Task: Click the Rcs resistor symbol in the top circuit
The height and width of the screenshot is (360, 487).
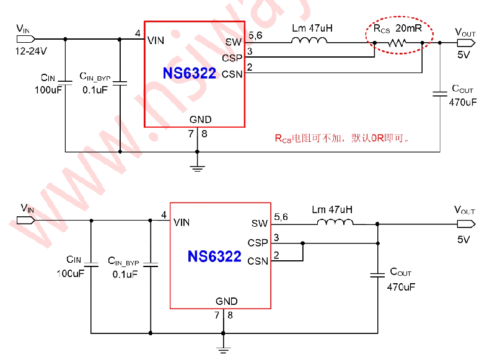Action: click(397, 43)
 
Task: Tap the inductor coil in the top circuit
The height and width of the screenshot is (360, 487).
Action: click(309, 40)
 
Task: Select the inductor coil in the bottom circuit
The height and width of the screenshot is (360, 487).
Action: click(335, 222)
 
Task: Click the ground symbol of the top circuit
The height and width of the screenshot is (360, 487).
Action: click(197, 169)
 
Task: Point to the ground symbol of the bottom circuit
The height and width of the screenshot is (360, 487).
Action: click(223, 350)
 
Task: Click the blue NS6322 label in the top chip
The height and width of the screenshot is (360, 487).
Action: click(190, 73)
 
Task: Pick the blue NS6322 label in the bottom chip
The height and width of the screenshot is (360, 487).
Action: click(214, 257)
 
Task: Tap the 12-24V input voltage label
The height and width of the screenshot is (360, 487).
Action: click(31, 51)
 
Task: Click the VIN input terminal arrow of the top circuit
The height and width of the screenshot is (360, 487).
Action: click(25, 39)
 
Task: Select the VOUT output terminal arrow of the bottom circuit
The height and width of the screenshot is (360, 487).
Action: click(466, 224)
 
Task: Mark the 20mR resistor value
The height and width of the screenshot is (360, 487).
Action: click(409, 29)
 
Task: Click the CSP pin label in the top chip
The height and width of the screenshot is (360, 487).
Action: click(232, 58)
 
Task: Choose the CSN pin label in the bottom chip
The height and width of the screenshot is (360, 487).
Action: click(258, 261)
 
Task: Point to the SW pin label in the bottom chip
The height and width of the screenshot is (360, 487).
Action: click(260, 223)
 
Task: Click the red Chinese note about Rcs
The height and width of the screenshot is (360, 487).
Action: click(341, 138)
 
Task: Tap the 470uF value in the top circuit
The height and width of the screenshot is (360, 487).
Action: click(463, 102)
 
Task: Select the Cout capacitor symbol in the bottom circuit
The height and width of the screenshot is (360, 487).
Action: click(378, 275)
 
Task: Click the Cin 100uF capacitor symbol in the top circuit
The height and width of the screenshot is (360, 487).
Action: click(65, 83)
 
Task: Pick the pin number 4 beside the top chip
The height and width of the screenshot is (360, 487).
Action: click(138, 33)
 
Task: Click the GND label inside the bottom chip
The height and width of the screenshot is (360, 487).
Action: click(227, 301)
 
